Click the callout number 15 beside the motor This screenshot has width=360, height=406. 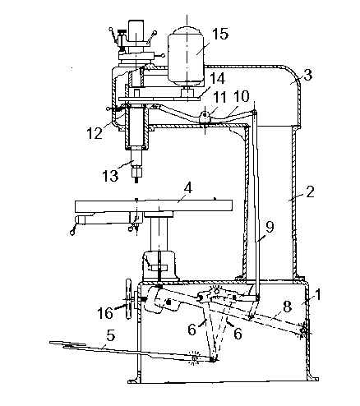(219, 34)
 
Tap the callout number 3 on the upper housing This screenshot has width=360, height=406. (307, 75)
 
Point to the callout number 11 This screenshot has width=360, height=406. (220, 97)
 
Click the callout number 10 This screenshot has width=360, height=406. (242, 97)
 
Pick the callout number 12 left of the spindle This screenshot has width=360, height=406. (95, 133)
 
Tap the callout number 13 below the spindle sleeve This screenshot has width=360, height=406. (110, 175)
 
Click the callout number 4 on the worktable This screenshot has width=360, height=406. (187, 189)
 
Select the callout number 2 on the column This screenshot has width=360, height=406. (310, 192)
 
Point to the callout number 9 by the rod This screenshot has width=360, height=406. (270, 227)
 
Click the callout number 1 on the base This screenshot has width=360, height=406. (317, 295)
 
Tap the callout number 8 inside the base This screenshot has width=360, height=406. (287, 307)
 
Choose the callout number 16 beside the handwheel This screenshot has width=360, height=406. (106, 312)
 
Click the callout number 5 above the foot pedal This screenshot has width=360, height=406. (111, 335)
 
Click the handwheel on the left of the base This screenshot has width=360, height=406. (128, 299)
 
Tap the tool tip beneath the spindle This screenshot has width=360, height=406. (136, 180)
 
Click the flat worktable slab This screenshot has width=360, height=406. (154, 205)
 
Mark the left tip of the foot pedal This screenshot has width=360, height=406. (50, 342)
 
